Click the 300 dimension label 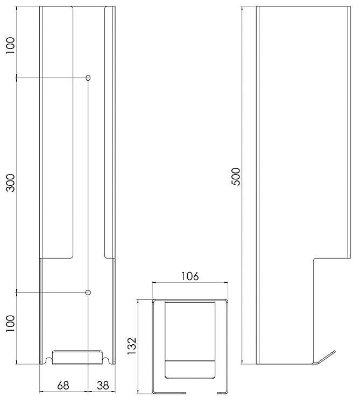[x=11, y=183]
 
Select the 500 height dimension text [x=236, y=177]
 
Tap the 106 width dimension [x=190, y=276]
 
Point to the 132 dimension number [x=131, y=346]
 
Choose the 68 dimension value [x=63, y=386]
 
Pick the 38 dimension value [x=103, y=386]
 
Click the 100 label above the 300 [x=11, y=46]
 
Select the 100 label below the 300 [x=11, y=324]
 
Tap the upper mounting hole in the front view [x=88, y=78]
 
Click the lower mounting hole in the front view [x=88, y=292]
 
